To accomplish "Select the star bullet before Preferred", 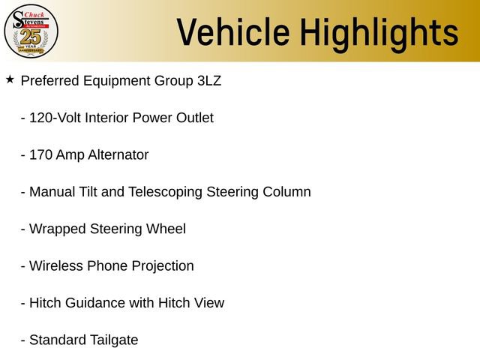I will point(10,79).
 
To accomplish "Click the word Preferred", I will point(50,80).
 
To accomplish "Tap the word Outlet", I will point(194,118).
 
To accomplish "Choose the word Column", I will point(286,192).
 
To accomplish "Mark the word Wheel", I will point(166,229).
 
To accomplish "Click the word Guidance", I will point(97,303).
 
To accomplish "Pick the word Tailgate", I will point(112,340).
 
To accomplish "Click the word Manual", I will point(52,192).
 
